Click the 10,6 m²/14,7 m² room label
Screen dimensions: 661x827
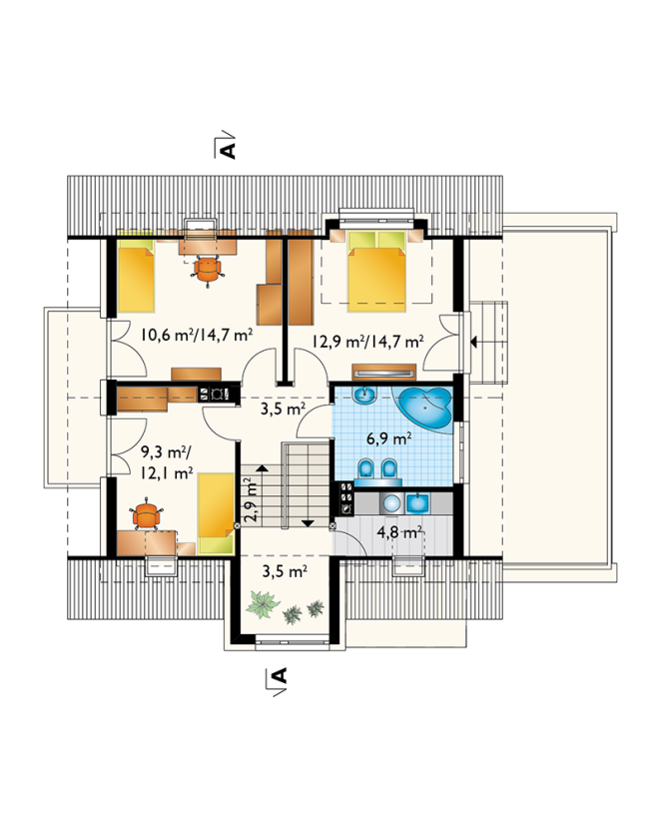tap(196, 335)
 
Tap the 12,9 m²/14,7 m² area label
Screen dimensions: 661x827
tap(367, 342)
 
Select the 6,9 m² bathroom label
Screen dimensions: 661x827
tap(389, 437)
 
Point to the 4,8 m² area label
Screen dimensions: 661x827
tap(399, 531)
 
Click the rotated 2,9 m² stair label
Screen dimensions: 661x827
tap(251, 499)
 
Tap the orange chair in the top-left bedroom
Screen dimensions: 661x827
tap(207, 270)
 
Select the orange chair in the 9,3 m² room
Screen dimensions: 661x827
tap(146, 514)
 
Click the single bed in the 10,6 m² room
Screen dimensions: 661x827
tap(136, 276)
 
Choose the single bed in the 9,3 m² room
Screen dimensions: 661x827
tap(216, 512)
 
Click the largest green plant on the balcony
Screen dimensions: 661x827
tap(263, 603)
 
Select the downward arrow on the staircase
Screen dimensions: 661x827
tap(308, 522)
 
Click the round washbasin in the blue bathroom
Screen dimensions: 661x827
tap(363, 396)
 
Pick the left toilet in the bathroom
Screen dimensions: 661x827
tap(364, 467)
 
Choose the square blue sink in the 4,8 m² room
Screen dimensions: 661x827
tap(418, 502)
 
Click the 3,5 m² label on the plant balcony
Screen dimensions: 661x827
tap(285, 570)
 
